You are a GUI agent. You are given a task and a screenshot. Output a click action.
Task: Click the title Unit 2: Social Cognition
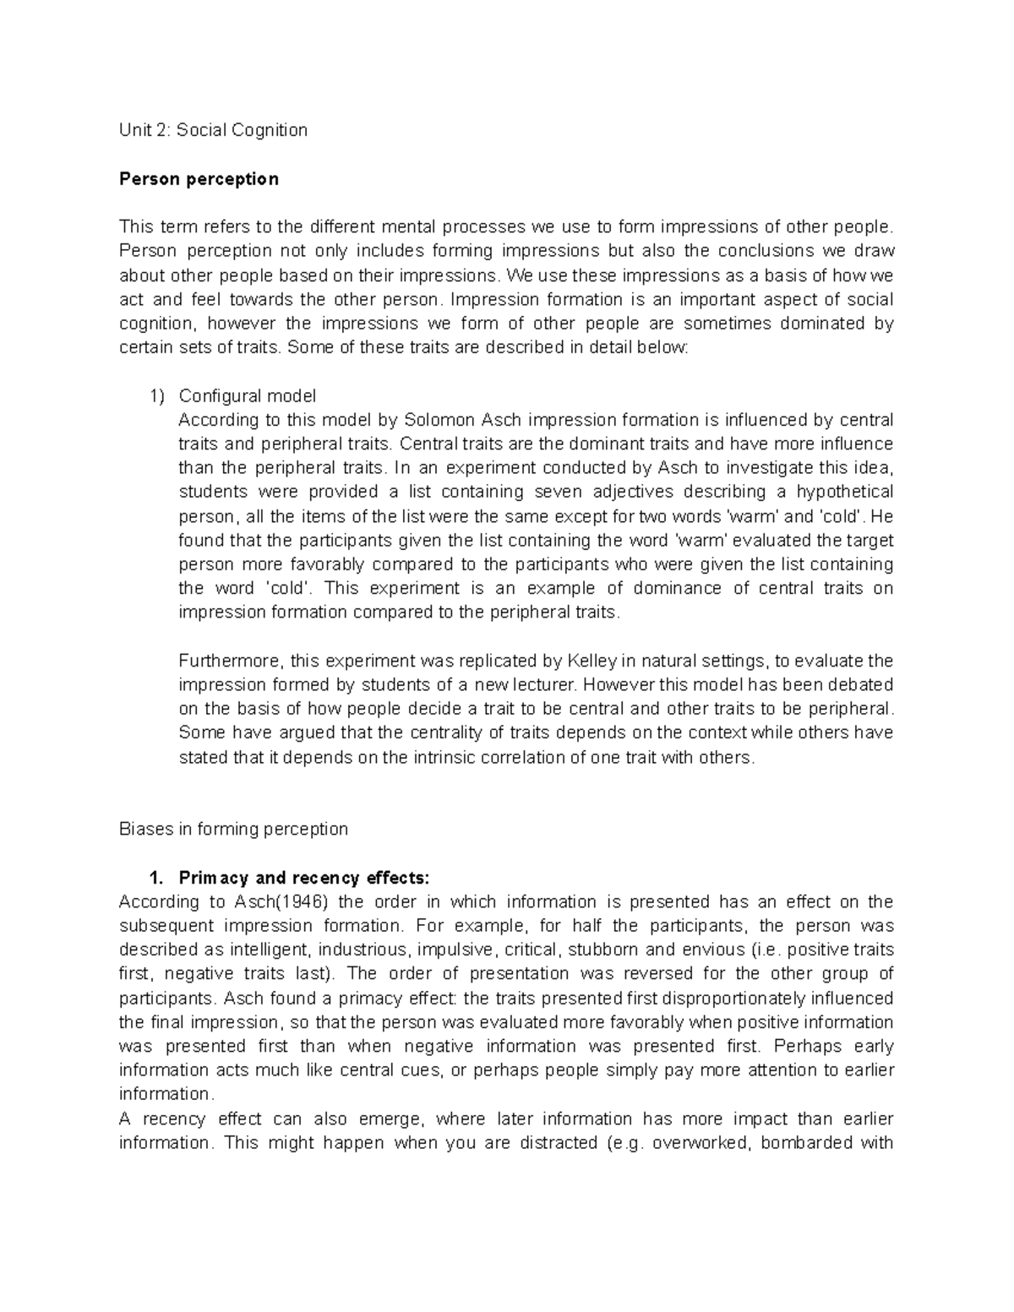pyautogui.click(x=213, y=130)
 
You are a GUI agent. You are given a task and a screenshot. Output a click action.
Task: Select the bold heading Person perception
pyautogui.click(x=199, y=179)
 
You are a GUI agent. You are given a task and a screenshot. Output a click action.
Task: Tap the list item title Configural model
pyautogui.click(x=247, y=395)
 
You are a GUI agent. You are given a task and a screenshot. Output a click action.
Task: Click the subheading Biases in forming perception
pyautogui.click(x=233, y=829)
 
